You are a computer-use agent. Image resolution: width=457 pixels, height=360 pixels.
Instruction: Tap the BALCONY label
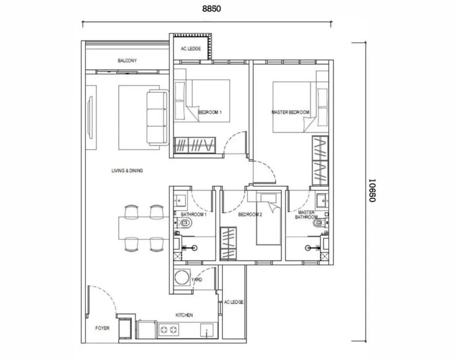[127, 61]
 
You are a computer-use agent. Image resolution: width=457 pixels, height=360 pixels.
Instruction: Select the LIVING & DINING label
[127, 171]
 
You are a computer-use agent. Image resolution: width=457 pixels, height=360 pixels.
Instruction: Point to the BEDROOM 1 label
[209, 113]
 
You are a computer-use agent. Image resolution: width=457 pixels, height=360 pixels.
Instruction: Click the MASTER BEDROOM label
[290, 113]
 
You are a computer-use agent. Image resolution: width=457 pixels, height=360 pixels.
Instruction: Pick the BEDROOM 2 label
[250, 215]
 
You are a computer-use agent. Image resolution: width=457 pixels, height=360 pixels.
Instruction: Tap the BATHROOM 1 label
[193, 215]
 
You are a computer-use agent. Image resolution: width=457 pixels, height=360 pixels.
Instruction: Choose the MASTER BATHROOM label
[306, 215]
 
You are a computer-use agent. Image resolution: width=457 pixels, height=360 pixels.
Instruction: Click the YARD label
[197, 280]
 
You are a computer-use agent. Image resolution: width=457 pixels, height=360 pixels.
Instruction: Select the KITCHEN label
[184, 315]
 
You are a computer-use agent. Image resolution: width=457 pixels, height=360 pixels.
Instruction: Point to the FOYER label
[102, 328]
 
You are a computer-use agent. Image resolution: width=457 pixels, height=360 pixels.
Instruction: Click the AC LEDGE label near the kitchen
[234, 302]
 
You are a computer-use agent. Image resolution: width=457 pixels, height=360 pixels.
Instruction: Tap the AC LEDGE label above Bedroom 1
[191, 49]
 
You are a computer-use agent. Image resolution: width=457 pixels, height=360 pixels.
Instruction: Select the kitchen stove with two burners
[169, 331]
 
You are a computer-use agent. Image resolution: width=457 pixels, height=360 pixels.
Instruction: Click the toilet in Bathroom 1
[185, 222]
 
